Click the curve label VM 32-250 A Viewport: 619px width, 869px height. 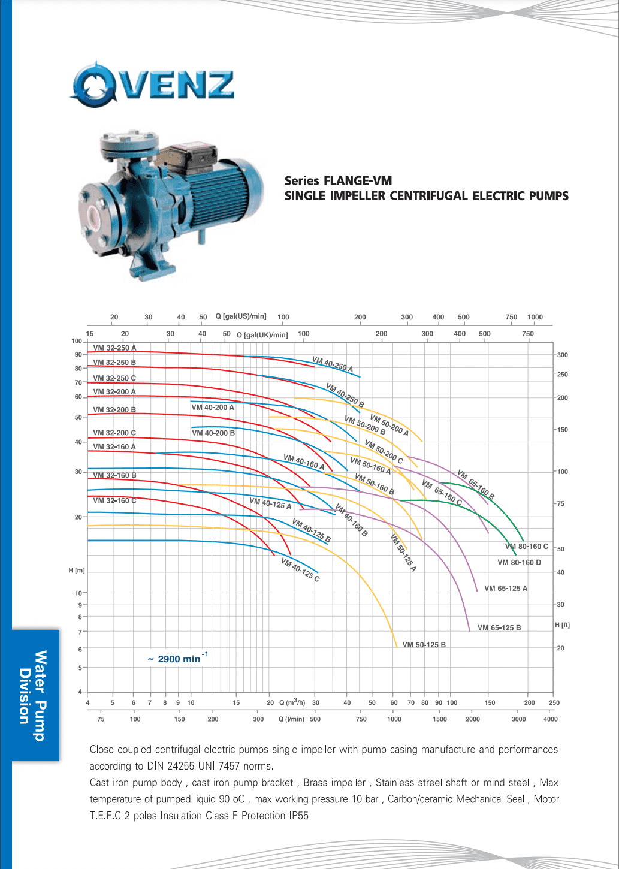(x=114, y=348)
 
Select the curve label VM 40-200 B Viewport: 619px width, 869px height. (x=213, y=433)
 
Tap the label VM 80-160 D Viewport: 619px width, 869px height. (x=519, y=562)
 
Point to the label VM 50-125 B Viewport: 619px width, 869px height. (x=424, y=645)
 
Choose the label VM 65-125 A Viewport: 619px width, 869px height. (x=506, y=589)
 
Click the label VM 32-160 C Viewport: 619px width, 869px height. (x=114, y=500)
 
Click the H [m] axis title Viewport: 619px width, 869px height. (x=77, y=571)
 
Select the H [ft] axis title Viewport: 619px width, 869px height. (x=562, y=625)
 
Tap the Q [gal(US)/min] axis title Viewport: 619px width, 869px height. (x=241, y=316)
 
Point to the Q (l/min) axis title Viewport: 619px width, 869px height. (x=291, y=719)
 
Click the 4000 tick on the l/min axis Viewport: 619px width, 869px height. (x=550, y=719)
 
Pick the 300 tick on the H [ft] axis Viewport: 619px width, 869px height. (x=563, y=355)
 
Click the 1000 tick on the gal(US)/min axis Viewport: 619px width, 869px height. (x=535, y=317)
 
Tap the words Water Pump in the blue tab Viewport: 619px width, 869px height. (x=40, y=695)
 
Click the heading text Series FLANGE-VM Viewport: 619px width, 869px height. (x=338, y=181)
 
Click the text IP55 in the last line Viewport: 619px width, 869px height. (x=298, y=816)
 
